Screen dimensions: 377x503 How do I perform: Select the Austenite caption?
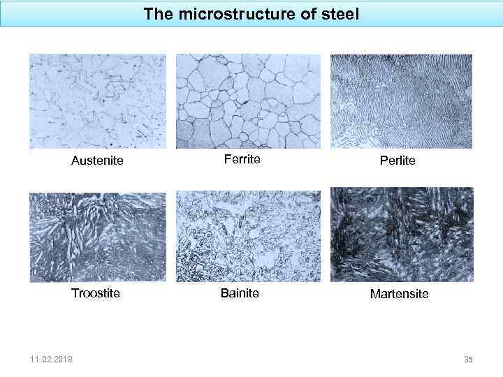97,161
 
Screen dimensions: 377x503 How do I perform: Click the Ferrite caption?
242,159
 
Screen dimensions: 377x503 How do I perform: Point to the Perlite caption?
398,161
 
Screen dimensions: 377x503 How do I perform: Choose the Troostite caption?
96,293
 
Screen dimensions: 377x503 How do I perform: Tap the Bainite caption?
240,293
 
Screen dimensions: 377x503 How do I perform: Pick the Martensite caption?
400,294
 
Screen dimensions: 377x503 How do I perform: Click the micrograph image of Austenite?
98,101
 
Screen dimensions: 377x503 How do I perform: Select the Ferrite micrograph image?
248,101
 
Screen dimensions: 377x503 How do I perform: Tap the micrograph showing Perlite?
401,101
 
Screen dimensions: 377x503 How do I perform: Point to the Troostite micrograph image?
98,237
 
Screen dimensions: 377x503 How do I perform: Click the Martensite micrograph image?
401,234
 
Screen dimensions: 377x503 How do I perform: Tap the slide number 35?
468,360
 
